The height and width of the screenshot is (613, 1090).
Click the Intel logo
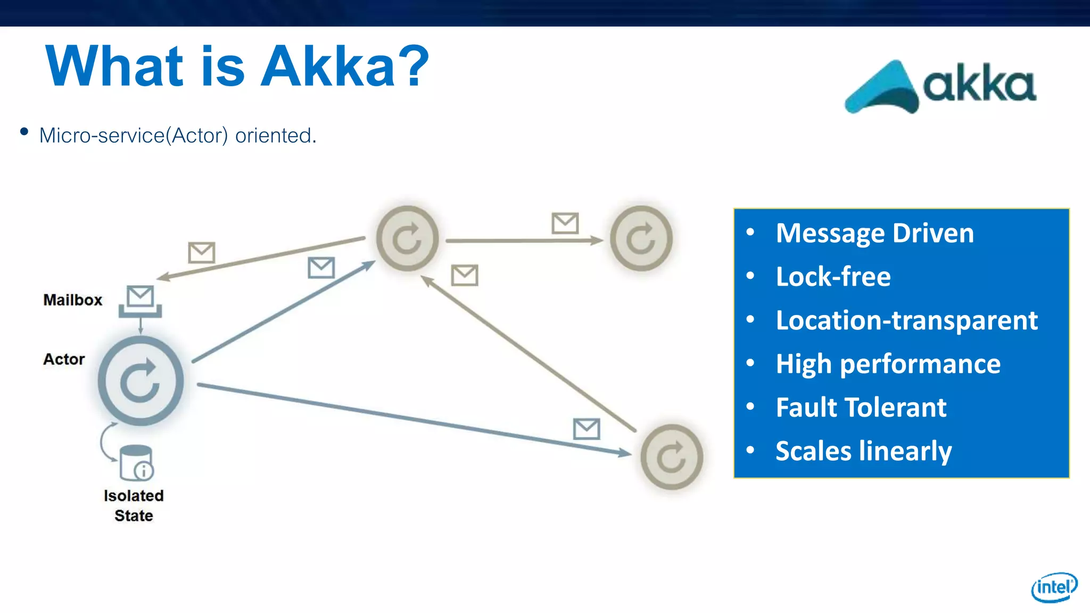tap(1054, 587)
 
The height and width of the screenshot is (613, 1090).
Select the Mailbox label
tap(72, 300)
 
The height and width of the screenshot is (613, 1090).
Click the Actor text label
tap(64, 359)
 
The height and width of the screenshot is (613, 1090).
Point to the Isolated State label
tap(134, 506)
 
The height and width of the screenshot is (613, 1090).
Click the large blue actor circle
tap(141, 381)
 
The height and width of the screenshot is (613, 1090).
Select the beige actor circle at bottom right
tap(671, 457)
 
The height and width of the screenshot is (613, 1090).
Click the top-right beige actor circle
tap(641, 238)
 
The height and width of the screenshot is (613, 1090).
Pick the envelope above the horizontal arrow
tap(565, 223)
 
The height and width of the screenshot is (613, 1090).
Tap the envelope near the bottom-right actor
tap(587, 429)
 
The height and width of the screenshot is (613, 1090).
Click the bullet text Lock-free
tap(833, 277)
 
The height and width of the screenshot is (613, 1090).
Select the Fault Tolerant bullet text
tap(861, 408)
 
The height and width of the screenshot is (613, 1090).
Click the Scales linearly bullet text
tap(863, 451)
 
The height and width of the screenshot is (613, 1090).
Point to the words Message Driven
tap(874, 233)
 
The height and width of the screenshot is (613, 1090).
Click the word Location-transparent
tap(906, 320)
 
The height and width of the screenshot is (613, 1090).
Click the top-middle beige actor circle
tap(407, 238)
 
